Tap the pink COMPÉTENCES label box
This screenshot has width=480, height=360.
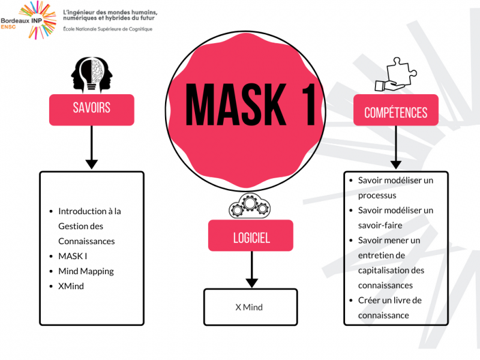coord(395,112)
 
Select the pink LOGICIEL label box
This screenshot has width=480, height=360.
coord(251,236)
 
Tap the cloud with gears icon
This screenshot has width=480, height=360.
coord(251,206)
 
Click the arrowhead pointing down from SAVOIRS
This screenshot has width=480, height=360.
coord(91,163)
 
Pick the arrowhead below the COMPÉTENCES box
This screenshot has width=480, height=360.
coord(395,163)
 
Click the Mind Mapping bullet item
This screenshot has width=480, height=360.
coord(86,271)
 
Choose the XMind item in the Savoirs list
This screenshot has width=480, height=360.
coord(71,286)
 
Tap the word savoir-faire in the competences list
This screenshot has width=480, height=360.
coord(380,225)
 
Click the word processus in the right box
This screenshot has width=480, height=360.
coord(377,195)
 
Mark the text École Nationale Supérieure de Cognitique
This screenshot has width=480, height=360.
coord(107,29)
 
